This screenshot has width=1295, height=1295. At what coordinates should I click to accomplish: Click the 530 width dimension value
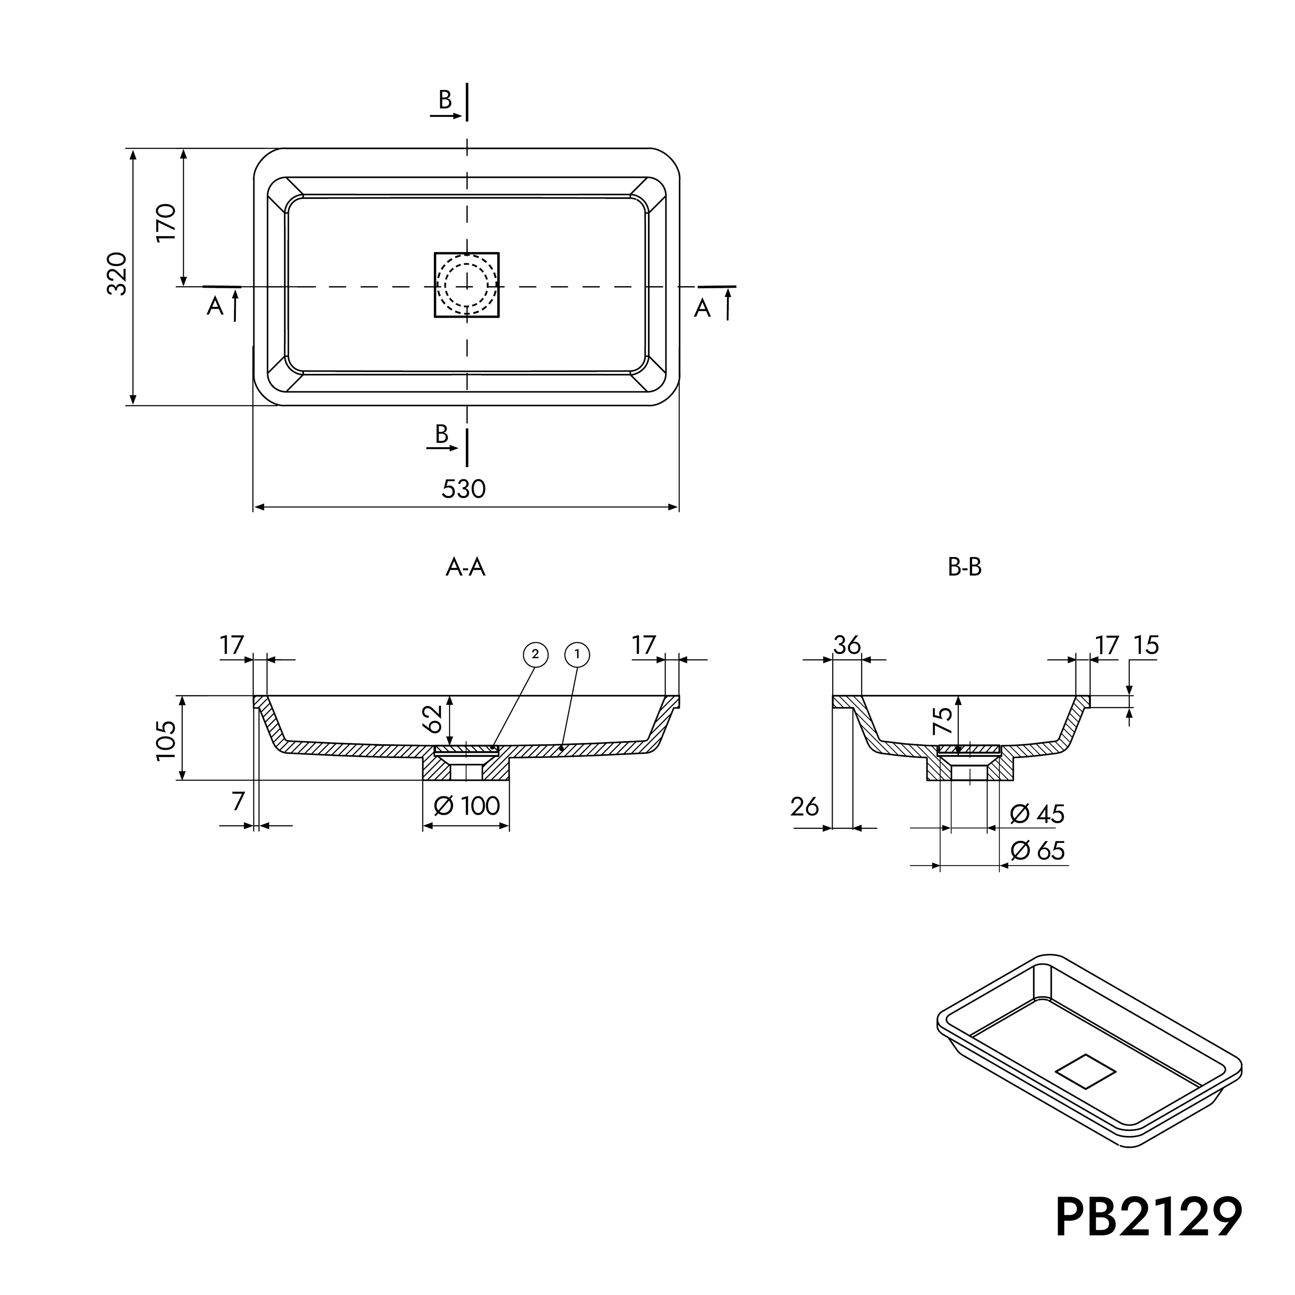coord(464,490)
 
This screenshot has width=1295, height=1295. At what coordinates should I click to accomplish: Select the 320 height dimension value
coord(117,274)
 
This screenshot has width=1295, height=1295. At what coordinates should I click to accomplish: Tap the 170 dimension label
coord(166,223)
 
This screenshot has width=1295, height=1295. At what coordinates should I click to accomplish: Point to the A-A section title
coord(465,568)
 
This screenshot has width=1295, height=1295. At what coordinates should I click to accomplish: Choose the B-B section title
coord(964,568)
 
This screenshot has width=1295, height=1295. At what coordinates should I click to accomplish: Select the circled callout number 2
coord(535,655)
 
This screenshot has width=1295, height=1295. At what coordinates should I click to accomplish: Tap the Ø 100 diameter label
coord(467,805)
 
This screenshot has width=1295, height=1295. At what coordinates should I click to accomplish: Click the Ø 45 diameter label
coord(1037,815)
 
